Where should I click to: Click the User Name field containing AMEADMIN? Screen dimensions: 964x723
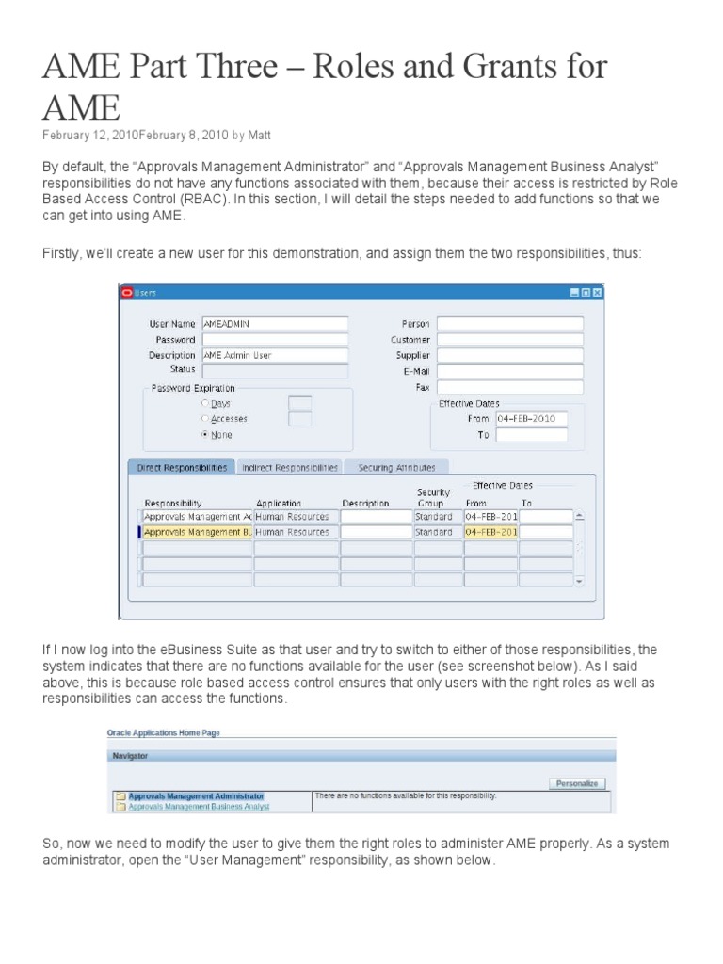point(274,324)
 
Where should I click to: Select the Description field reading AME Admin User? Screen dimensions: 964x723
point(274,356)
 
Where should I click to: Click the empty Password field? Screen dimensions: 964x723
point(274,340)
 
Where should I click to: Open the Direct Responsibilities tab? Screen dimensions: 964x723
point(182,467)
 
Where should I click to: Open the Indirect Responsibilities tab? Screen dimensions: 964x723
point(289,467)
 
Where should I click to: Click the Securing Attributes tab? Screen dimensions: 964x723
point(396,467)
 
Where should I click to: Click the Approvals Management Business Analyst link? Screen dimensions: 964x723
point(199,807)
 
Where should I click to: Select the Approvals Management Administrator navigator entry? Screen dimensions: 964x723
point(196,796)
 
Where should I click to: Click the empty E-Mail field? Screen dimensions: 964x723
point(509,372)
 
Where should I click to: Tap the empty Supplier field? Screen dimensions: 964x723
point(509,356)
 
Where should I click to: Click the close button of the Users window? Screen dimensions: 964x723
point(597,293)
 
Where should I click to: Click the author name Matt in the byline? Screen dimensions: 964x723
point(259,136)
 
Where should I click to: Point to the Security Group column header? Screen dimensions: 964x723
point(432,498)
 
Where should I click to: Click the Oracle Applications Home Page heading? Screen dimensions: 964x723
point(165,732)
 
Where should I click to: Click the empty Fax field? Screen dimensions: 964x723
point(509,388)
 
